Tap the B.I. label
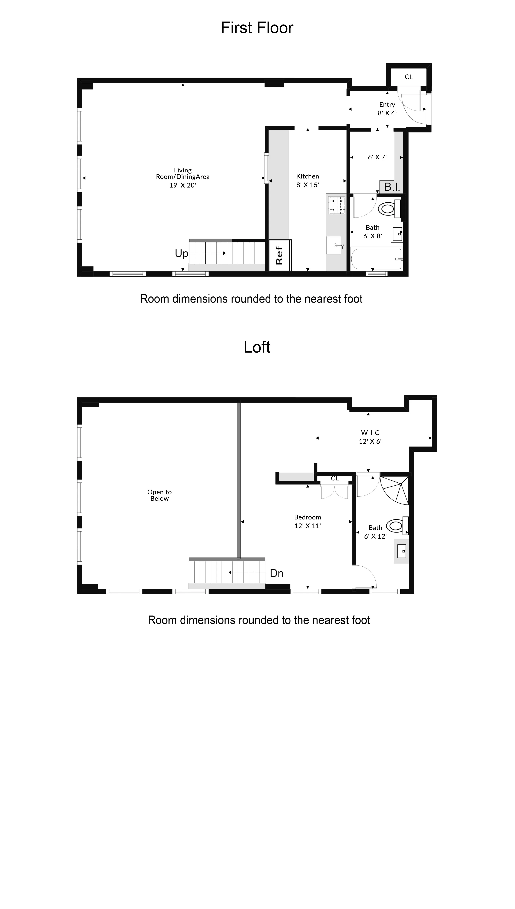(x=392, y=187)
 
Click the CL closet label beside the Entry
(x=409, y=77)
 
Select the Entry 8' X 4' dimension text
(x=387, y=113)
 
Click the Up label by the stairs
(x=182, y=253)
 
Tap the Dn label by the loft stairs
(x=277, y=573)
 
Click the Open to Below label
(x=159, y=495)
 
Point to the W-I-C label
(x=370, y=432)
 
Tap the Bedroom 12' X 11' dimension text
(x=307, y=526)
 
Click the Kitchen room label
(x=307, y=176)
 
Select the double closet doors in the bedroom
(x=334, y=491)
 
